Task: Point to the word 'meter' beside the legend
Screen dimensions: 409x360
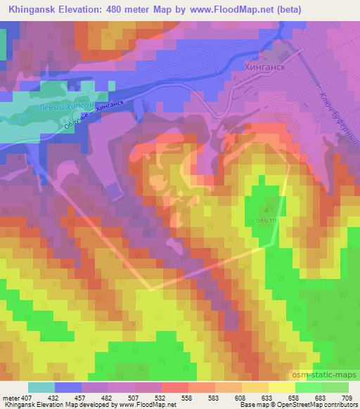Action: coord(11,398)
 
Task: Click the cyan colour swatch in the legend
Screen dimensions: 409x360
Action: coord(41,387)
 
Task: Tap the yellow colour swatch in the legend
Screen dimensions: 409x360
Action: coord(282,387)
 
